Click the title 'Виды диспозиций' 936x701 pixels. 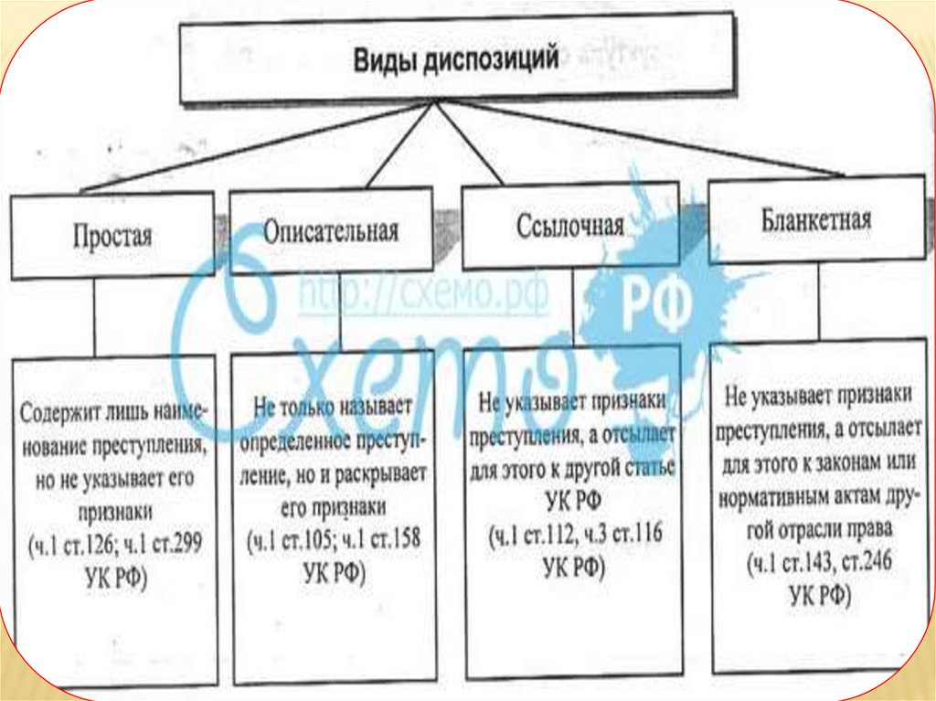pos(454,60)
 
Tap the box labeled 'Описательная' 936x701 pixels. pos(331,230)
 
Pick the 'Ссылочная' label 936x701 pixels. pos(570,226)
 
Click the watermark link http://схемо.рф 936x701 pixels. pos(423,294)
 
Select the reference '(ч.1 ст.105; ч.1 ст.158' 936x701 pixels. pos(333,538)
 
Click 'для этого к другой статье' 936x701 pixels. pos(573,470)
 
